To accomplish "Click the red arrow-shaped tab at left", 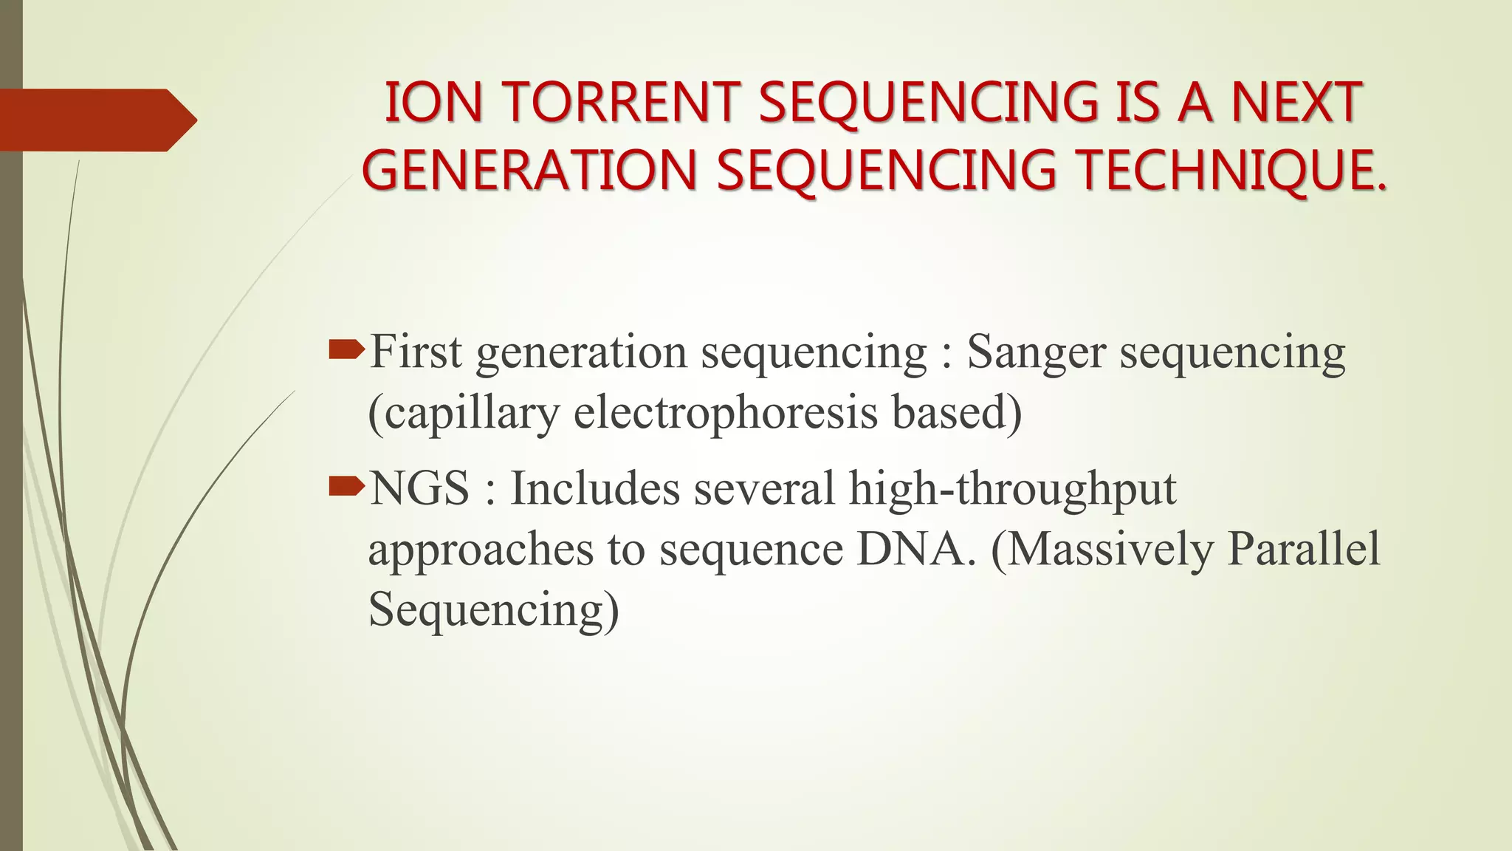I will point(96,120).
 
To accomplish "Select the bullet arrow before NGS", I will point(346,485).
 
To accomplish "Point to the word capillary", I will point(464,414).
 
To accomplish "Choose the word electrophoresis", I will point(726,414).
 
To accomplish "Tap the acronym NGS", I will point(419,489).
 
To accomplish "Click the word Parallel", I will point(1304,550).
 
